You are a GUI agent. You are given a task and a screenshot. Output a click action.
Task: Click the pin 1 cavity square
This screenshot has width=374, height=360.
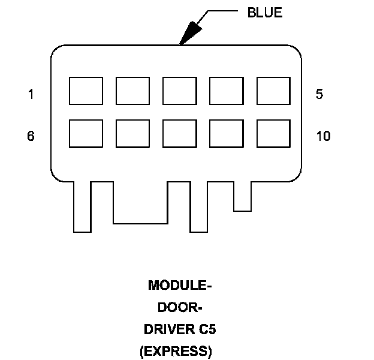[86, 91]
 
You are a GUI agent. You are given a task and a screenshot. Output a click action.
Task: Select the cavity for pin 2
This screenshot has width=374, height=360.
[132, 91]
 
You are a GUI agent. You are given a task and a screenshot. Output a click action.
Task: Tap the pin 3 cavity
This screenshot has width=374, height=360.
[179, 91]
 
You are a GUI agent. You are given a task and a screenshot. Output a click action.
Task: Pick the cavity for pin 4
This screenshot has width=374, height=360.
[226, 91]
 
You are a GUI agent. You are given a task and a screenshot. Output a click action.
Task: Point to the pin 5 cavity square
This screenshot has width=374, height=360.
[273, 91]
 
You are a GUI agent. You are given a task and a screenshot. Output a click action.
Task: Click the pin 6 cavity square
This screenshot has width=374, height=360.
[86, 134]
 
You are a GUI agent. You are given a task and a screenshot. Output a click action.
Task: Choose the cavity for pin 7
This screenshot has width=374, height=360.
[132, 134]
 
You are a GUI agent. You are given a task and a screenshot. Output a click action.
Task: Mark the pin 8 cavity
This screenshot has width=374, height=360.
[179, 134]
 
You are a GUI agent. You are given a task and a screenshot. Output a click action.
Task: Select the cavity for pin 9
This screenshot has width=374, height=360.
[226, 134]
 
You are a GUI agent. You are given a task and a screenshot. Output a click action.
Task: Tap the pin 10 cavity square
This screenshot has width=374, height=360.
[273, 134]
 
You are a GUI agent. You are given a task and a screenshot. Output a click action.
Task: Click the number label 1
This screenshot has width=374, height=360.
[31, 94]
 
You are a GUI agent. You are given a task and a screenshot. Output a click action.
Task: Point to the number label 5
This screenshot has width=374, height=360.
[319, 94]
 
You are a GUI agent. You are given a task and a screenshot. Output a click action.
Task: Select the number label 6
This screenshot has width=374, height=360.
[31, 136]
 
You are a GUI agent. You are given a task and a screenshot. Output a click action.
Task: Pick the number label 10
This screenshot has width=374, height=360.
[323, 136]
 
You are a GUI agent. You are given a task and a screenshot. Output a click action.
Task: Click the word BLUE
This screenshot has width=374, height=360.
[265, 13]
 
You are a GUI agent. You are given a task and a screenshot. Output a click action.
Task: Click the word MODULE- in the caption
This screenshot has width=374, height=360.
[180, 285]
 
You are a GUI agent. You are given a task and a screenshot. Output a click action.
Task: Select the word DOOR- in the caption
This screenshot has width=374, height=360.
[180, 307]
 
